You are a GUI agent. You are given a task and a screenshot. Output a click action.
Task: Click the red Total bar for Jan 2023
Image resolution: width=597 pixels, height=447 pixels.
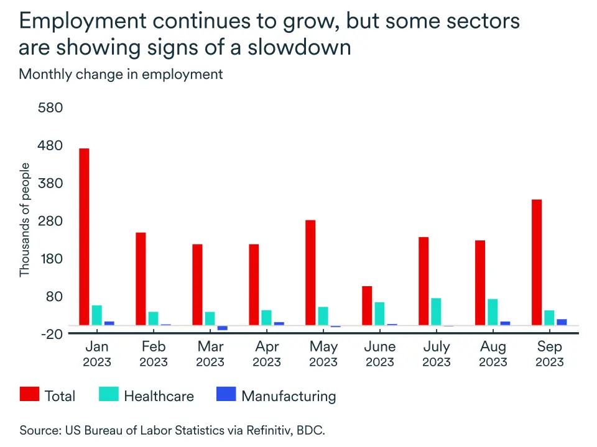(x=84, y=237)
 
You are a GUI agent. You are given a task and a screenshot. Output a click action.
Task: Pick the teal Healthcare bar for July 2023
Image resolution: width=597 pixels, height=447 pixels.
(x=436, y=311)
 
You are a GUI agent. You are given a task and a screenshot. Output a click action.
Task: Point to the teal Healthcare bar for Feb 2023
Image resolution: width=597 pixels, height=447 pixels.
(x=153, y=318)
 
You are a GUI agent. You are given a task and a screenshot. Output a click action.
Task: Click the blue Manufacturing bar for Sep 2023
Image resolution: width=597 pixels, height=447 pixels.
(x=562, y=322)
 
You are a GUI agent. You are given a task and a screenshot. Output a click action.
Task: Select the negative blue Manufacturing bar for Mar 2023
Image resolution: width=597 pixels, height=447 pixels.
(x=222, y=328)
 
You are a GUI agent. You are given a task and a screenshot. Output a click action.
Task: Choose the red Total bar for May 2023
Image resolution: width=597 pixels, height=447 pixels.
(x=310, y=273)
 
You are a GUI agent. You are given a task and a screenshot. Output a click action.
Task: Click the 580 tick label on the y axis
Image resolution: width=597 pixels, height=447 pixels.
(x=51, y=108)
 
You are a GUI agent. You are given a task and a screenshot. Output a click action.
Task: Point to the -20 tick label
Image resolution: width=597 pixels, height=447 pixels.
(x=51, y=334)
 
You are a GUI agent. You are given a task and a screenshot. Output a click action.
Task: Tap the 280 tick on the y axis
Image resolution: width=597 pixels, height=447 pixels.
(x=51, y=221)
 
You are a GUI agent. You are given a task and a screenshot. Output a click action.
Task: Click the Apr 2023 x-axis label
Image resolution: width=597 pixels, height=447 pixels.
(x=267, y=354)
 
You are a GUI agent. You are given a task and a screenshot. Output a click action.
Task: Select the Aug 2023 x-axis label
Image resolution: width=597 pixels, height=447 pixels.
(x=493, y=354)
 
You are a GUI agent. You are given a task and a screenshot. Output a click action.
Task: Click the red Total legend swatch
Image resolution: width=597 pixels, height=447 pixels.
(x=29, y=394)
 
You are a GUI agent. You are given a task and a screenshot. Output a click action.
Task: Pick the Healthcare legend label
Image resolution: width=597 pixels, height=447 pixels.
(x=159, y=396)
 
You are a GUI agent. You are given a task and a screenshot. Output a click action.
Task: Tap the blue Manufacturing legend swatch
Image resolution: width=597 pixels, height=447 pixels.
(x=226, y=394)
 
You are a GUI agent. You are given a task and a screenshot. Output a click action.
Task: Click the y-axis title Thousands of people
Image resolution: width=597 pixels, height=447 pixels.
(x=24, y=220)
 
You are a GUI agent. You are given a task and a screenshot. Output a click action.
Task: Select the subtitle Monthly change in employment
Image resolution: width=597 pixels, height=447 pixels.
(x=121, y=74)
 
